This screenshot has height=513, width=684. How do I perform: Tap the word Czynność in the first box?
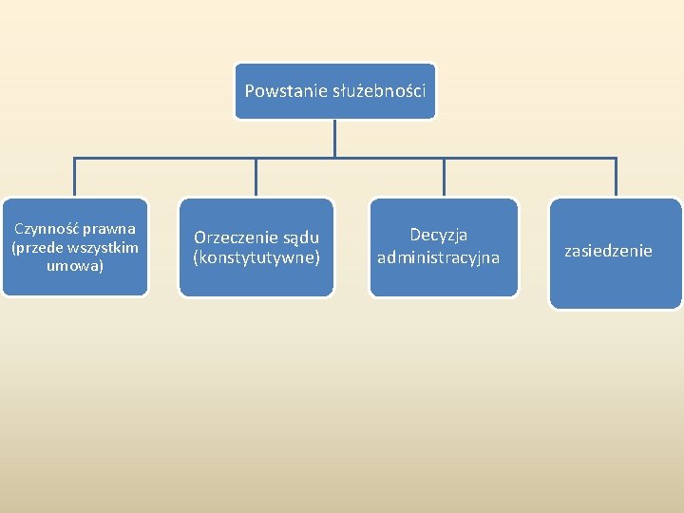[x=47, y=229]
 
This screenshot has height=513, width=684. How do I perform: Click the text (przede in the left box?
[x=35, y=248]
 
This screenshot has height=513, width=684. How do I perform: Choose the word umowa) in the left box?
[x=75, y=266]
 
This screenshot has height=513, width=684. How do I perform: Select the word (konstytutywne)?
[x=256, y=257]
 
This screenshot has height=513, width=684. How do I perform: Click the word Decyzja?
[x=439, y=235]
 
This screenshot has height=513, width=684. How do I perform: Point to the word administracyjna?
[x=439, y=258]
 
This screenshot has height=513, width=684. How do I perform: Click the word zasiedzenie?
[x=608, y=252]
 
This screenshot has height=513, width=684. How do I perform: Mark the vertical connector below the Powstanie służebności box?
[x=334, y=138]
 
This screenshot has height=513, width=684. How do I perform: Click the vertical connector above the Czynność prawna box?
[x=75, y=177]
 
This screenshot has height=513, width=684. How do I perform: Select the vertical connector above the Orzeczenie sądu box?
[x=256, y=177]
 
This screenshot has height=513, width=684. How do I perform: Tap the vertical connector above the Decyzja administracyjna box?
[x=444, y=177]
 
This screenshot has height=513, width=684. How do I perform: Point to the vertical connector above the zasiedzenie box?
[x=616, y=177]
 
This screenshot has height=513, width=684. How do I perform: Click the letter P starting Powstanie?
[x=250, y=92]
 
